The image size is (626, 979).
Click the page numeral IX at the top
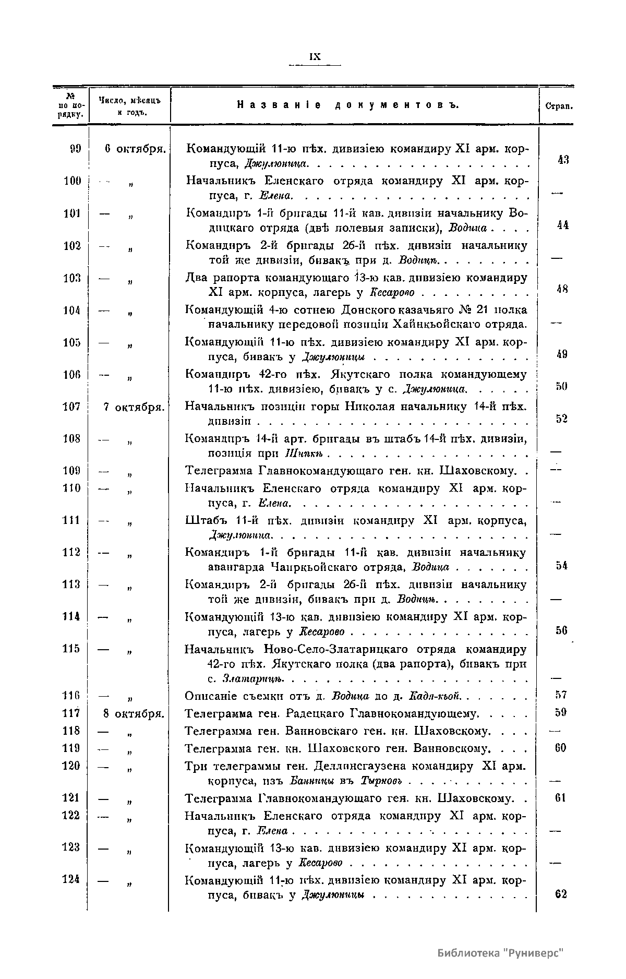(315, 57)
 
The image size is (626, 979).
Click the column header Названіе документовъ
(348, 105)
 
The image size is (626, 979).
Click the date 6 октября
(135, 149)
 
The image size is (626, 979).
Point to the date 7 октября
(135, 407)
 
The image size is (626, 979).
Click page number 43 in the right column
(562, 160)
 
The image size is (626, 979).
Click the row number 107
(71, 407)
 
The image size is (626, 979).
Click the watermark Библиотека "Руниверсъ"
(501, 953)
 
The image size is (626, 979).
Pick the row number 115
(70, 648)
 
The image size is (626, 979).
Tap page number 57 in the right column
(561, 695)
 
